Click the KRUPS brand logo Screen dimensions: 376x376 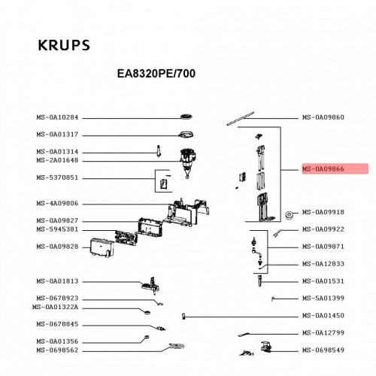[x=64, y=45]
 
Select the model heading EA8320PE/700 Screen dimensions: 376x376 [x=156, y=74]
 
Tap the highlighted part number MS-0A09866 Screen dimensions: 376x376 [x=323, y=169]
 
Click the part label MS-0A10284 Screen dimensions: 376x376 [x=57, y=117]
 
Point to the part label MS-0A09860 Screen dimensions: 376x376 [x=323, y=117]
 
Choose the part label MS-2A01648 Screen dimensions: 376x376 [x=57, y=160]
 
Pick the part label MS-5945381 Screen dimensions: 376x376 [x=57, y=229]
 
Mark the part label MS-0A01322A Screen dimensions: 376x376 [x=55, y=307]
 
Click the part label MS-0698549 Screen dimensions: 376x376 [x=323, y=350]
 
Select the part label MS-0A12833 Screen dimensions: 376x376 [x=323, y=264]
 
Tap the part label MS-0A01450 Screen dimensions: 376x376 [x=323, y=315]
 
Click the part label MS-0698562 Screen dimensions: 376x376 [x=57, y=350]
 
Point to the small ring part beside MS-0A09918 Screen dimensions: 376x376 [x=290, y=215]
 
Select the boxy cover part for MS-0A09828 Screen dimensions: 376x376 [x=102, y=247]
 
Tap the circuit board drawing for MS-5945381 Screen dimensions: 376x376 [x=126, y=238]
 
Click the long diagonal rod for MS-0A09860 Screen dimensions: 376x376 [x=241, y=119]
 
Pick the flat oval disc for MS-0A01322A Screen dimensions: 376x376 [x=147, y=312]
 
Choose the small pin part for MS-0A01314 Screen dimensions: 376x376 [x=159, y=151]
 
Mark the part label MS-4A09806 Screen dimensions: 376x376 [x=57, y=203]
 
